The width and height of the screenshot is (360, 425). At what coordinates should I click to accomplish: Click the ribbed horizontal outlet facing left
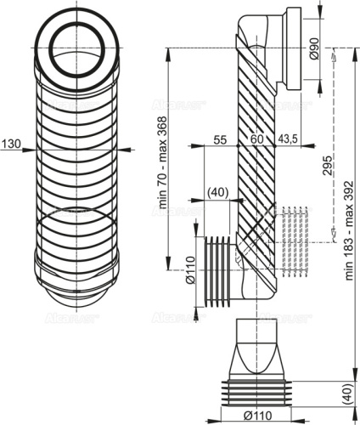tap(218, 269)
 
